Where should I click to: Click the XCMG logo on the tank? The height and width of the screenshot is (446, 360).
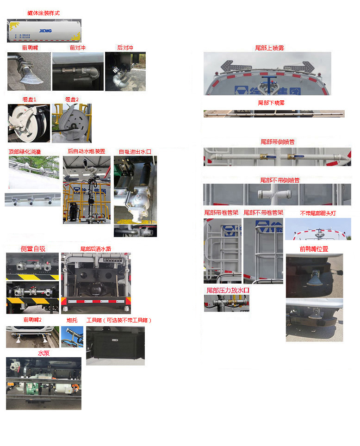point(45,31)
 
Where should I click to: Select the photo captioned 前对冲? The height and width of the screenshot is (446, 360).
point(77,71)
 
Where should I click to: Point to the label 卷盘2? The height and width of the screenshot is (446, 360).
point(72,99)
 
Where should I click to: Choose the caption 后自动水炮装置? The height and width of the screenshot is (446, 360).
point(87,151)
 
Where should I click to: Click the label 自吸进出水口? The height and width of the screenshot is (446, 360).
point(135,151)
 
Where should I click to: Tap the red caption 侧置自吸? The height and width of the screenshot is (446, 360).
point(33,249)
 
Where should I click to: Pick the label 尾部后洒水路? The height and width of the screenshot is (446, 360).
point(96,249)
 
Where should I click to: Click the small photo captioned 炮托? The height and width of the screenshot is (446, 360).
point(72,336)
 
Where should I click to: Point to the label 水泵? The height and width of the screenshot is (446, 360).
point(43,353)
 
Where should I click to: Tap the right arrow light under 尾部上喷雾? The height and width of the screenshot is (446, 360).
point(301,67)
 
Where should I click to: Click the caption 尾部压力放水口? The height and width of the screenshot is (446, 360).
point(228,290)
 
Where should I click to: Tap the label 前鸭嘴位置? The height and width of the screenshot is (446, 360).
point(314,249)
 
